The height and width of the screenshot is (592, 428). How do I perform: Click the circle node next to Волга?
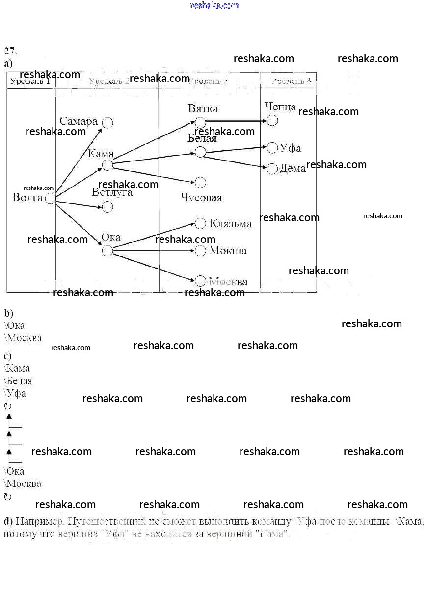[x=50, y=199]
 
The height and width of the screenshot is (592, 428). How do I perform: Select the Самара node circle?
[x=107, y=123]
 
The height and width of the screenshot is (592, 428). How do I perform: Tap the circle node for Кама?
[x=107, y=165]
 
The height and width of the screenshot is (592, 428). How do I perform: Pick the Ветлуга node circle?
[x=107, y=207]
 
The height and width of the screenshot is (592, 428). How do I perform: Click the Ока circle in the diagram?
[x=107, y=251]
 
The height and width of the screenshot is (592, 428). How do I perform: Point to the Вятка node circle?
[x=200, y=122]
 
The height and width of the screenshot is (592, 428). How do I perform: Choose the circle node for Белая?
[x=200, y=152]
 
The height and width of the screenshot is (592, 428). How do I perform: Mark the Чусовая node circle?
[x=200, y=183]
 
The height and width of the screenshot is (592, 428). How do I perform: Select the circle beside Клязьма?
[x=200, y=223]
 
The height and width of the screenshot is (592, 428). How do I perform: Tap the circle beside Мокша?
[x=200, y=251]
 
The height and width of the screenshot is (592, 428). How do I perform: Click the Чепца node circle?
[x=272, y=120]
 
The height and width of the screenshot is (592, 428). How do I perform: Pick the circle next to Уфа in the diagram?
[x=272, y=148]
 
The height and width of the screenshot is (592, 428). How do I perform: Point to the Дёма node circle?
[x=272, y=169]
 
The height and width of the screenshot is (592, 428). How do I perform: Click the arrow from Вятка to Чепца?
[x=236, y=121]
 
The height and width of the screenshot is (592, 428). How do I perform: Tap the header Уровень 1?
[x=30, y=81]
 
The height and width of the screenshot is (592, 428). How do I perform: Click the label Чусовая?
[x=201, y=198]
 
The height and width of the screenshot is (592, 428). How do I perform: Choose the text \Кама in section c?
[x=17, y=368]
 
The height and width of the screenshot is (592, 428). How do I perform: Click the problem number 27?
[x=11, y=51]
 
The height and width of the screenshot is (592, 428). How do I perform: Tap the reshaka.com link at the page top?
[x=214, y=5]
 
